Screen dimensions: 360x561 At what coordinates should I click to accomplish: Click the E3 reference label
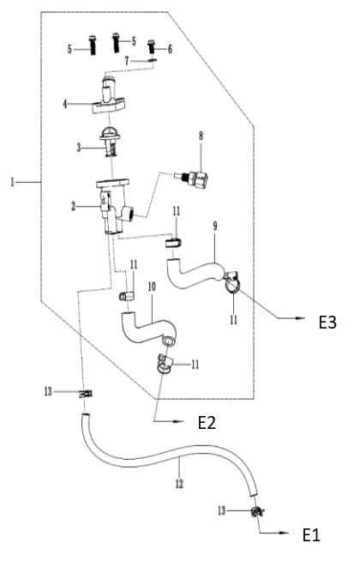click(x=327, y=323)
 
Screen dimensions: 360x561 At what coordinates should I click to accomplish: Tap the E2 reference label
click(x=207, y=423)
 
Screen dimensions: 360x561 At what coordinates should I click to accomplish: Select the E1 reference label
click(x=311, y=535)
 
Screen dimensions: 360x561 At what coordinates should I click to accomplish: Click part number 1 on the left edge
click(x=13, y=183)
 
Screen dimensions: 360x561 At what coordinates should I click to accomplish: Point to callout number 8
click(x=201, y=136)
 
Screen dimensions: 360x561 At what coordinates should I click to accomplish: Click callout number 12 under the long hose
click(x=179, y=484)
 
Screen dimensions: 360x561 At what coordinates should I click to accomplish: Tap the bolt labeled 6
click(x=152, y=47)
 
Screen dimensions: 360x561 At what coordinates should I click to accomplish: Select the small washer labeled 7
click(x=153, y=60)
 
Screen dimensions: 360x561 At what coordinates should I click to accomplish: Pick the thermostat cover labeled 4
click(x=110, y=96)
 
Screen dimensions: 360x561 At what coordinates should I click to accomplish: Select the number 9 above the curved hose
click(x=215, y=226)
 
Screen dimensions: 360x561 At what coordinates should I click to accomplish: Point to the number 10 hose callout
click(x=152, y=287)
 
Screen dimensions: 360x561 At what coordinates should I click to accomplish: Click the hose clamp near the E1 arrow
click(x=256, y=512)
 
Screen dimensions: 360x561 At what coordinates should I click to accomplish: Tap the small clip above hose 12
click(x=86, y=394)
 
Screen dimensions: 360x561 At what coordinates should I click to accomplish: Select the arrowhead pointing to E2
click(x=178, y=422)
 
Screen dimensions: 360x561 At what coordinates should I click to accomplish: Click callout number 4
click(x=64, y=104)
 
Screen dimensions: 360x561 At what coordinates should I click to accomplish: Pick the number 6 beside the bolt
click(x=170, y=49)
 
